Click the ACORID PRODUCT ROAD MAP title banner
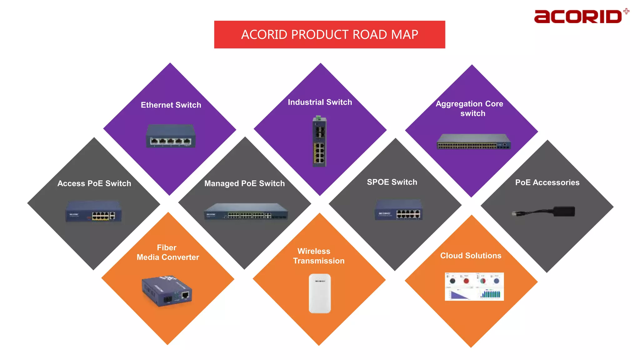329,34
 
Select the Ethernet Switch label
171,105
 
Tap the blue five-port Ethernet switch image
171,136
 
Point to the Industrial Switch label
320,102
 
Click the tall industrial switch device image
319,142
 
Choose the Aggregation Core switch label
470,108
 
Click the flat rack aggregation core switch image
473,142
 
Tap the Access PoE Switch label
94,183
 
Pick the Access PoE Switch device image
93,212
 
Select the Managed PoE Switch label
244,183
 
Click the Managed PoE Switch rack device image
246,212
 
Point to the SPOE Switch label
392,182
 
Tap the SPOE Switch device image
398,210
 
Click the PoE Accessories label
547,182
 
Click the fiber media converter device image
167,291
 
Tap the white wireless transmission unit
320,293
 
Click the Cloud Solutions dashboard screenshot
474,287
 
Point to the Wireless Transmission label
318,256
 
